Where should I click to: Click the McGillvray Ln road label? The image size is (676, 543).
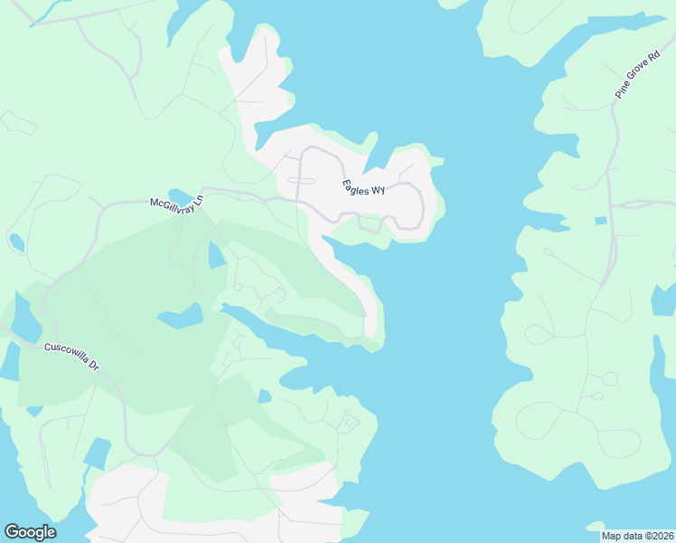[178, 205]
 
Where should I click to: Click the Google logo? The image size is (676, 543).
[30, 532]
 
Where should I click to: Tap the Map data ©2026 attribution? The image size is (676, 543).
[636, 536]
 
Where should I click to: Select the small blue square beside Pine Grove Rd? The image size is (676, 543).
[600, 221]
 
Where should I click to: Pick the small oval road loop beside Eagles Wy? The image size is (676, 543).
[300, 180]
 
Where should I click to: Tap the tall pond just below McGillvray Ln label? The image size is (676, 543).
[217, 255]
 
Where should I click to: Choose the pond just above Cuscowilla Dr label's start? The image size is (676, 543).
[26, 318]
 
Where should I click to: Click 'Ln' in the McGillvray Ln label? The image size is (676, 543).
[200, 207]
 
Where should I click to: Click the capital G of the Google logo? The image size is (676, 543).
[12, 532]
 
